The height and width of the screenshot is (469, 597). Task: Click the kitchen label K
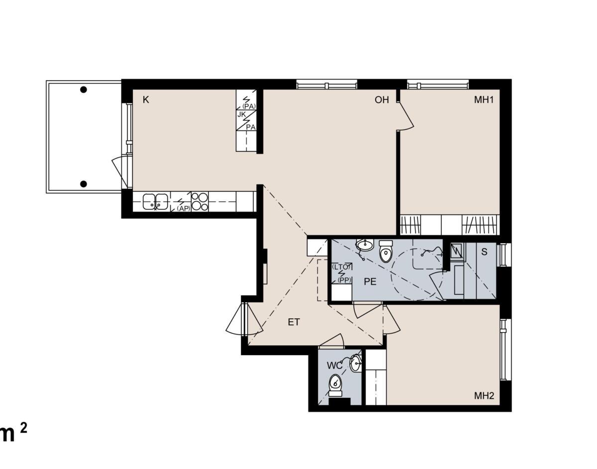pos(146,99)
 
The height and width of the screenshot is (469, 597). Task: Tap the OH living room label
pos(382,99)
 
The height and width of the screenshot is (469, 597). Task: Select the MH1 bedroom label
pos(484,99)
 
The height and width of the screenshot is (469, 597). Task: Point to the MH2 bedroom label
pos(484,395)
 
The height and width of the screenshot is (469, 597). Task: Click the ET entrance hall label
pos(294,322)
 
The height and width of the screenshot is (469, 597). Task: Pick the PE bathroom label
pos(370,281)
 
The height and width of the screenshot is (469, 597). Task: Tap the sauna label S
pos(485,252)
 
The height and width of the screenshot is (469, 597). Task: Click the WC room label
pos(335,366)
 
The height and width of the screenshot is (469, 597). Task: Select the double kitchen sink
pos(155,201)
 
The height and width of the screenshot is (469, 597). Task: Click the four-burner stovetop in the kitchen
pos(199,201)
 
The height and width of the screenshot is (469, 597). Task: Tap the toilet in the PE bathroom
pos(386,251)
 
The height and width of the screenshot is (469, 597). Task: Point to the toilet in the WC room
pos(335,385)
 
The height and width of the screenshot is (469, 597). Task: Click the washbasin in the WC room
pos(356,363)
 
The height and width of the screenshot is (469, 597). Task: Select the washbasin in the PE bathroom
pos(365,245)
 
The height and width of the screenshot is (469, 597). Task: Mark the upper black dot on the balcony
pos(84,90)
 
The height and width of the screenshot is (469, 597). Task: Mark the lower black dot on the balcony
pos(84,184)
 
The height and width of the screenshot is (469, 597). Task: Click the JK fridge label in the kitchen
pos(241,114)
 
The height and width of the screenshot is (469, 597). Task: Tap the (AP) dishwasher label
pos(184,208)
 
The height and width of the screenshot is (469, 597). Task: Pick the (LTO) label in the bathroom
pos(342,266)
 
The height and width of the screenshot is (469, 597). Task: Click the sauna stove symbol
pos(457,251)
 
